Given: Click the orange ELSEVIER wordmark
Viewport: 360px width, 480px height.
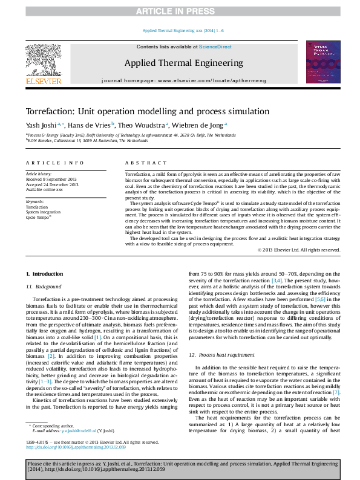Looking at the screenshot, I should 43,80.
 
